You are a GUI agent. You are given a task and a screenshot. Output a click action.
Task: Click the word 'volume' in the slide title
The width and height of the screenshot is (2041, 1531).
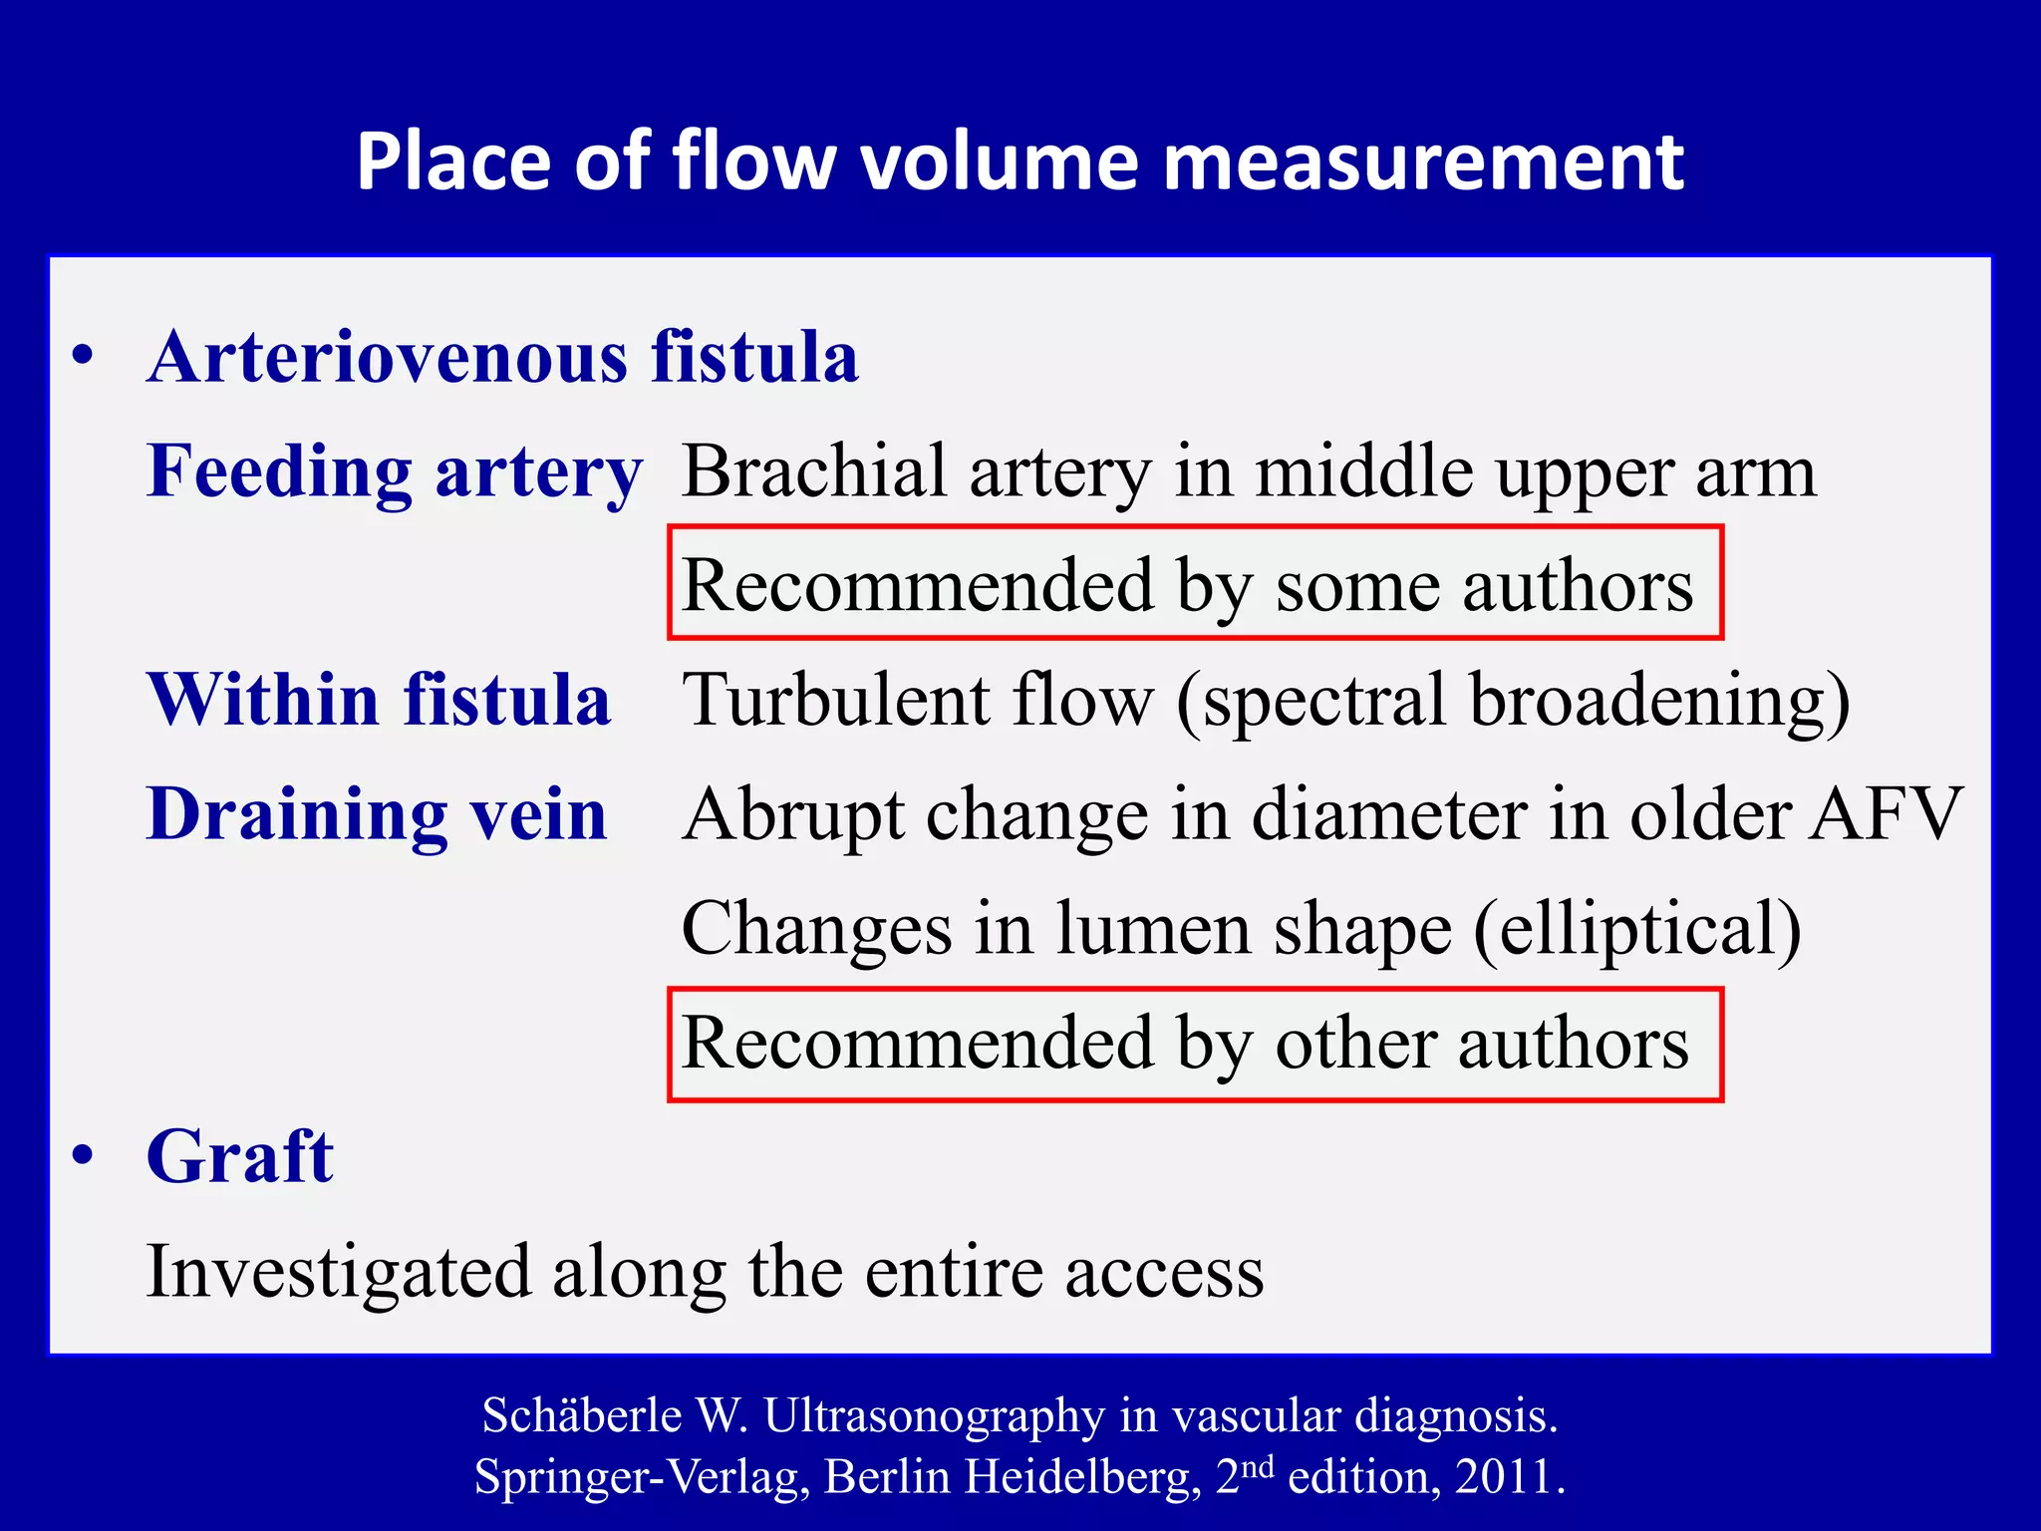tap(1000, 161)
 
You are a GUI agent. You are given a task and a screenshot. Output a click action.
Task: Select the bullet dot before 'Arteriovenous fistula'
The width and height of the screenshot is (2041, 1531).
tap(84, 356)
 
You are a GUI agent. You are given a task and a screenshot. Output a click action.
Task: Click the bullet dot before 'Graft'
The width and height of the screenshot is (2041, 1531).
tap(84, 1155)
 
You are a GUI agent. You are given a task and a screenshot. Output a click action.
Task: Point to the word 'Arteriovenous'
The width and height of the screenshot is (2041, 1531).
tap(388, 357)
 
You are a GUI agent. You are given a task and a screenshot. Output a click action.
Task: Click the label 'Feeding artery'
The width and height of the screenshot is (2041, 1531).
tap(395, 471)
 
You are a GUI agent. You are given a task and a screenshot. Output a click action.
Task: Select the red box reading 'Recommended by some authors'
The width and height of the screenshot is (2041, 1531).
tap(1195, 583)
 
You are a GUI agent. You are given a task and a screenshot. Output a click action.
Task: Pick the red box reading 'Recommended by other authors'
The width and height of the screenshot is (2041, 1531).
tap(1195, 1045)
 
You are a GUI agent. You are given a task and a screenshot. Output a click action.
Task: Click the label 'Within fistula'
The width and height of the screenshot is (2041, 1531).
tap(379, 699)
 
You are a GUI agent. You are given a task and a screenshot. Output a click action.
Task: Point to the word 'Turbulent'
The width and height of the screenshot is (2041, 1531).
tap(835, 699)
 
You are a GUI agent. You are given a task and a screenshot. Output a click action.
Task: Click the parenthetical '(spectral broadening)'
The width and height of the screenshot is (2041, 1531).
tap(1512, 701)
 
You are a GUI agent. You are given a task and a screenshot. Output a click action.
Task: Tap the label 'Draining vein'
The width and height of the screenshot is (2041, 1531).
tap(377, 814)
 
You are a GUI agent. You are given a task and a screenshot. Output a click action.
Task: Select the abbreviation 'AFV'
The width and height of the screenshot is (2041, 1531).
tap(1886, 814)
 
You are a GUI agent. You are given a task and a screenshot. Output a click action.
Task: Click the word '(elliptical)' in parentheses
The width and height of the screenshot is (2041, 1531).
tap(1636, 929)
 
